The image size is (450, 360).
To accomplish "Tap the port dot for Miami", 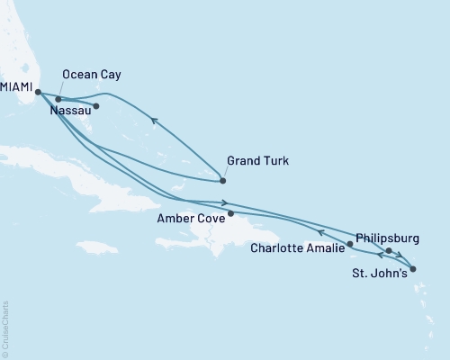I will pyautogui.click(x=38, y=92).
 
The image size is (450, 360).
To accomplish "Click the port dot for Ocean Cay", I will pyautogui.click(x=58, y=99).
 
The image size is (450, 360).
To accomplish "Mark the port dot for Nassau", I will pyautogui.click(x=96, y=106).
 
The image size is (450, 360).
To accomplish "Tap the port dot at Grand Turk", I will pyautogui.click(x=223, y=181).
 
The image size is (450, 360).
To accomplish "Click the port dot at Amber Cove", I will pyautogui.click(x=231, y=213).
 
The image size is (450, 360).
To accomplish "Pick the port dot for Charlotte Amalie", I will pyautogui.click(x=350, y=244).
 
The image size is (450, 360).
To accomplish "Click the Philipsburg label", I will pyautogui.click(x=388, y=238).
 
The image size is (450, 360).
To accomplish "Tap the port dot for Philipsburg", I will pyautogui.click(x=389, y=251).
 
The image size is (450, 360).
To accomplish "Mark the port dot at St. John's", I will pyautogui.click(x=412, y=268).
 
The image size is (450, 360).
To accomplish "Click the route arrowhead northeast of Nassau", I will pyautogui.click(x=154, y=121).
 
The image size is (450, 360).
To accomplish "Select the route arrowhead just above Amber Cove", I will pyautogui.click(x=223, y=203).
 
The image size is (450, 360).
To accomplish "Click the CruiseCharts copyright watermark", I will pyautogui.click(x=5, y=329).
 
